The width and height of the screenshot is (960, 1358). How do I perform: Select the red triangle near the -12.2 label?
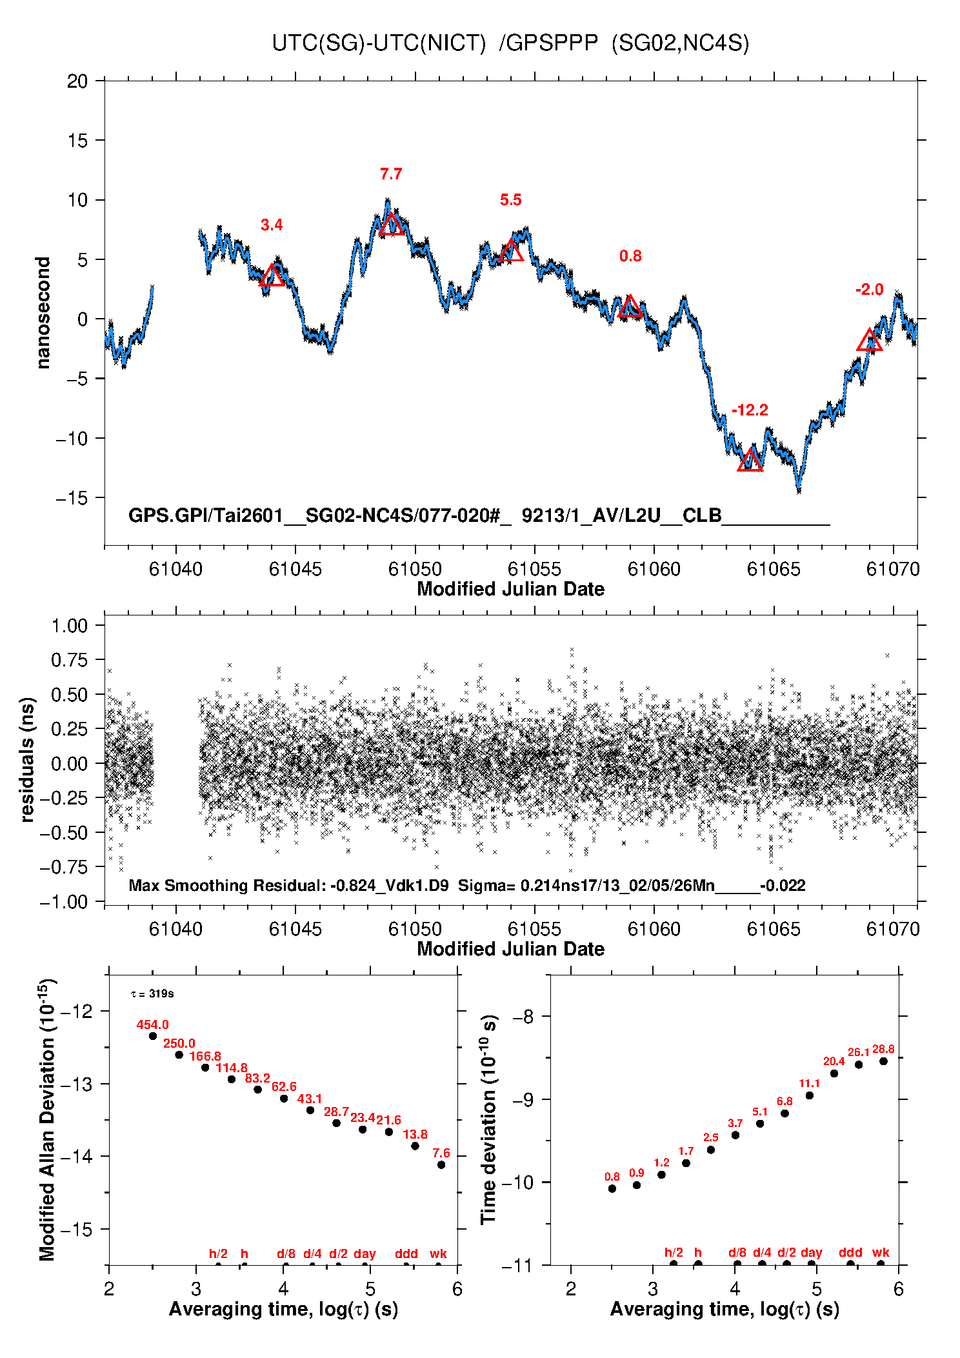[x=750, y=461]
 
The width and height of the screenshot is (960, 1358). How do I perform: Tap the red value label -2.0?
[x=869, y=290]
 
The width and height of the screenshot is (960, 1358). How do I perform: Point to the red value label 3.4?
[x=272, y=225]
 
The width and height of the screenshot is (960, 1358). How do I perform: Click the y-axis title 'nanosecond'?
[x=43, y=313]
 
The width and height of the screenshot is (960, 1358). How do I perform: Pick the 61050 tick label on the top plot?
[x=415, y=569]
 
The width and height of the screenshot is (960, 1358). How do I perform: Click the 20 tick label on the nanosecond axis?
[x=77, y=81]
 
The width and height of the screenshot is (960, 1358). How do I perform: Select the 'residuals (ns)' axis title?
[x=27, y=759]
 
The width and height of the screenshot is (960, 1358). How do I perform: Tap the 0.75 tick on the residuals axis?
[x=69, y=660]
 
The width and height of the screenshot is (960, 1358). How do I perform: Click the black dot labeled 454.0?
[x=153, y=1036]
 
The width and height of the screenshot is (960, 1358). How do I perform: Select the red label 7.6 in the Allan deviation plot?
[x=441, y=1153]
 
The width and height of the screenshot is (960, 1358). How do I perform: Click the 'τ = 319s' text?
[x=152, y=994]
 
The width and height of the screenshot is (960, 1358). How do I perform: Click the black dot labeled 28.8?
[x=883, y=1061]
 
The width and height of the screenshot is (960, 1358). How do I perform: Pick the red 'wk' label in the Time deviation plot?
[x=881, y=1252]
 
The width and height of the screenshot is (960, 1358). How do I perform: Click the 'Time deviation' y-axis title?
[x=488, y=1119]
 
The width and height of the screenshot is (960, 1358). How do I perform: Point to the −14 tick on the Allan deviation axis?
[x=76, y=1156]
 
